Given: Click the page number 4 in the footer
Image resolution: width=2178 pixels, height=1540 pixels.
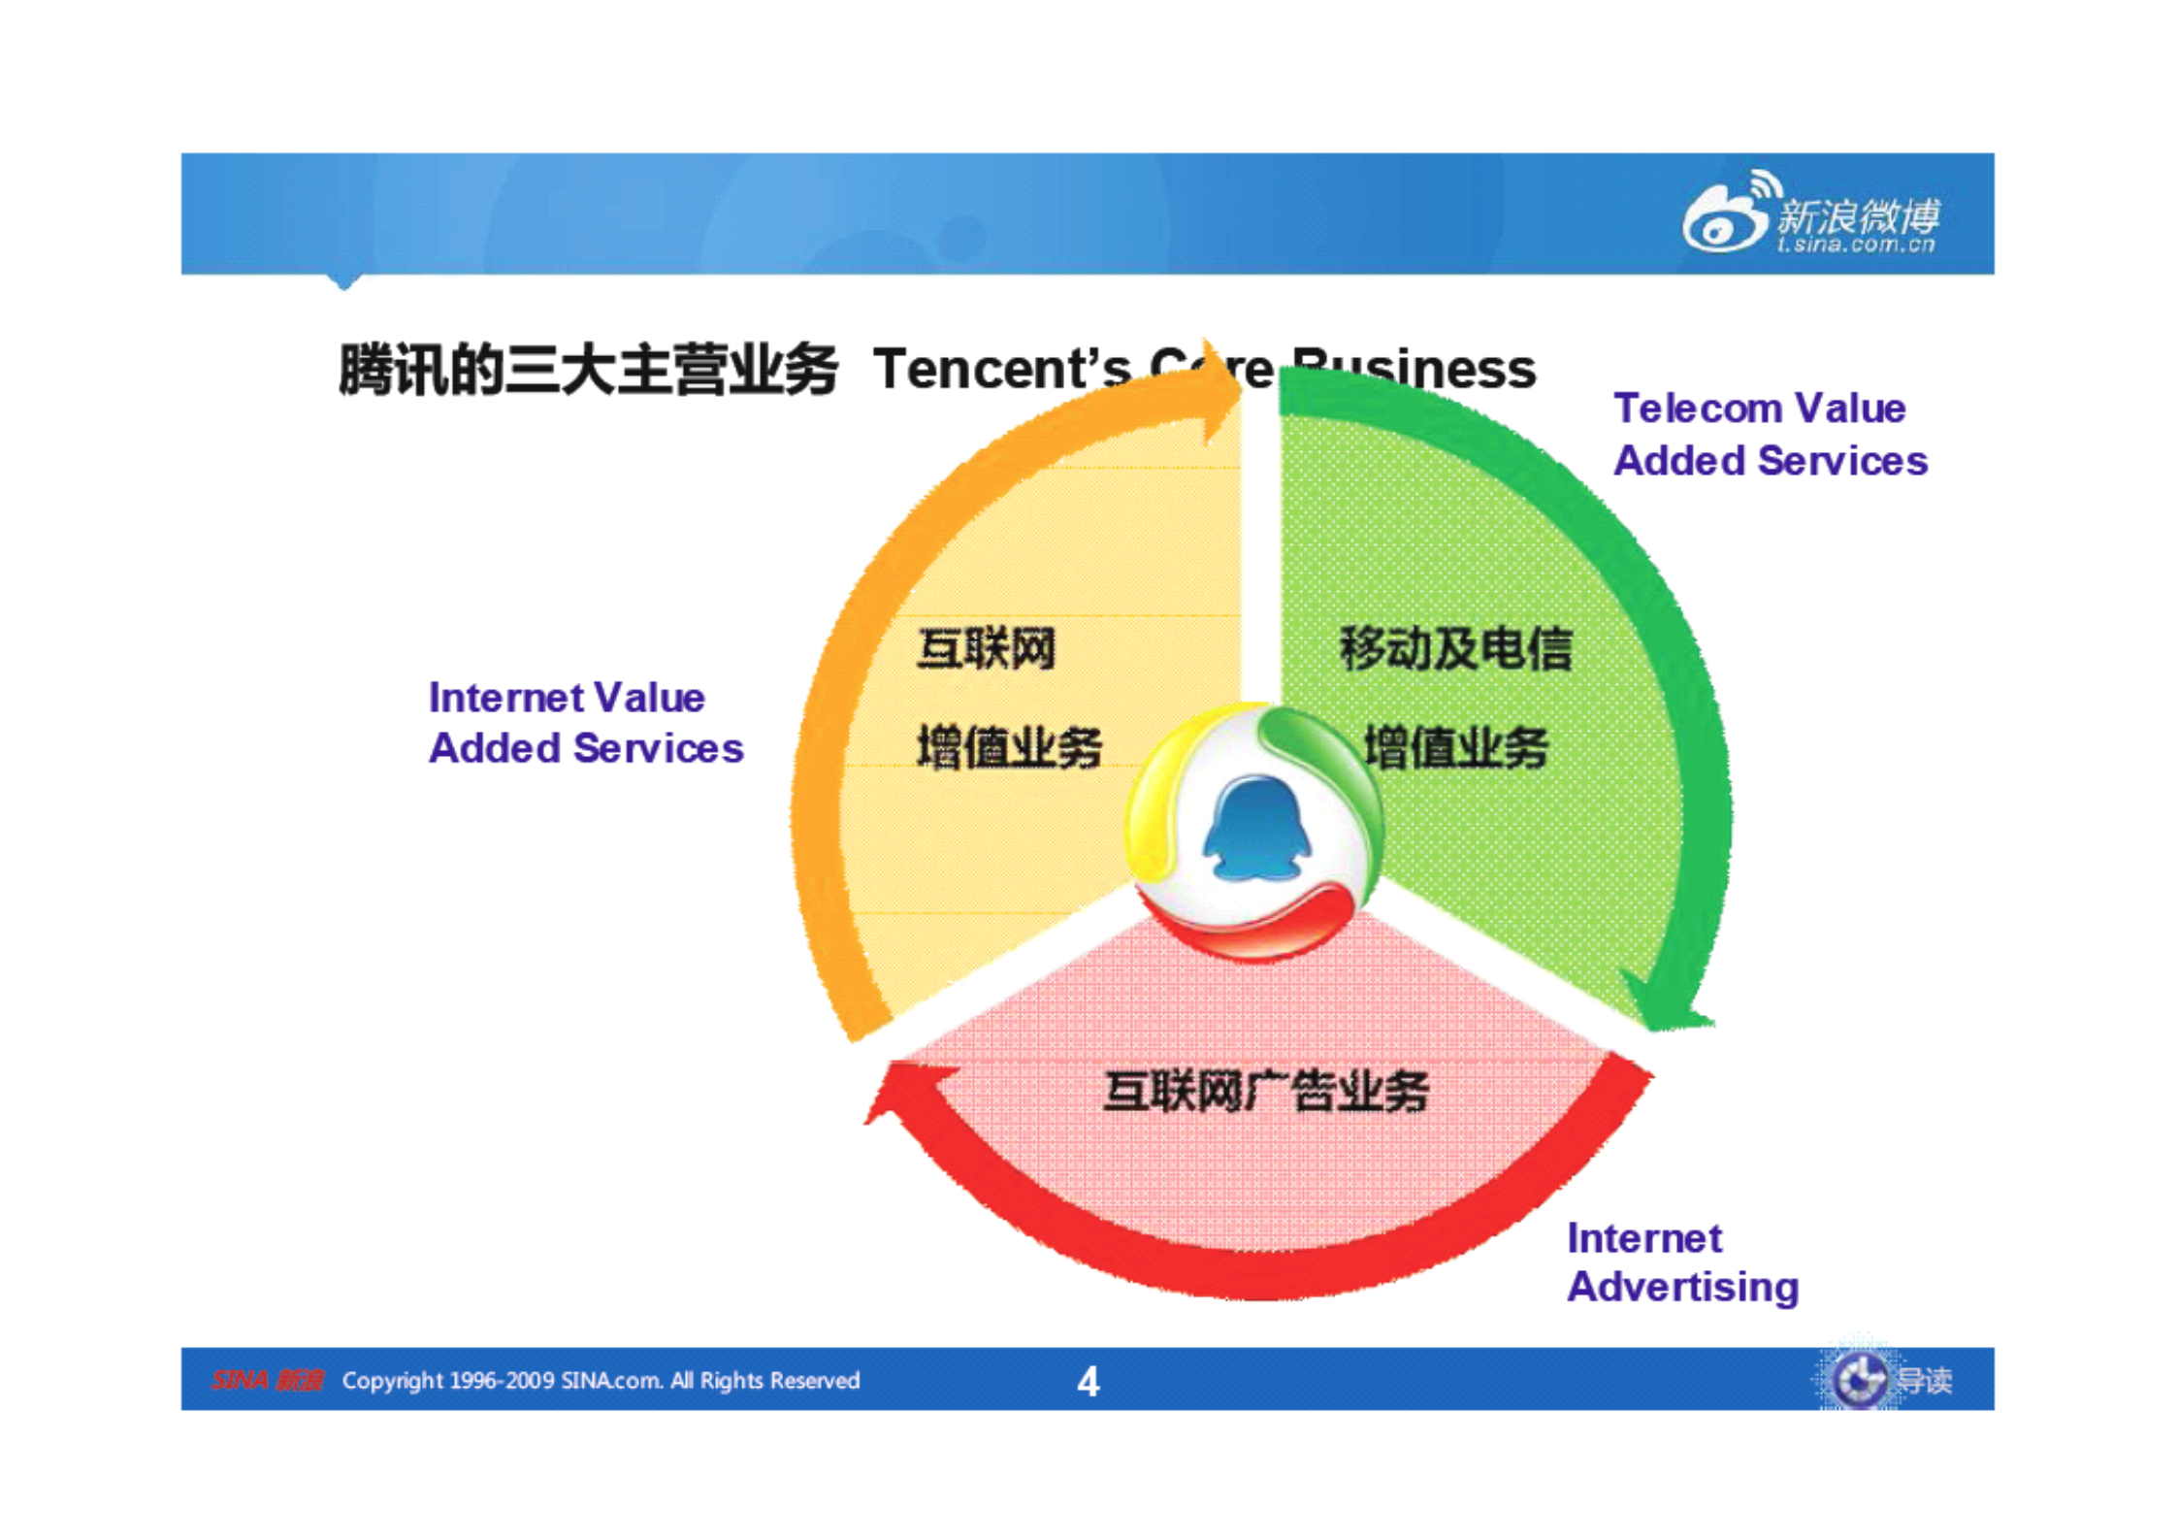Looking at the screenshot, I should point(1088,1381).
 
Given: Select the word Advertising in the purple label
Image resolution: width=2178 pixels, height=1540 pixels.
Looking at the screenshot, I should point(1682,1288).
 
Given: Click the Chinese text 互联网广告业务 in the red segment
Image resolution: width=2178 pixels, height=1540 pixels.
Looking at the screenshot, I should point(1265,1091).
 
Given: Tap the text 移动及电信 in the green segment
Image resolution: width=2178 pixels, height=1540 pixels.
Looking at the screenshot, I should point(1454,648).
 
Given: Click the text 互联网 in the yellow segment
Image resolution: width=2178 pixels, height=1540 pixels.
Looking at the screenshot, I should point(986,648).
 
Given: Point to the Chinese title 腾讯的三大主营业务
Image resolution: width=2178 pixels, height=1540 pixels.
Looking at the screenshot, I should point(587,371).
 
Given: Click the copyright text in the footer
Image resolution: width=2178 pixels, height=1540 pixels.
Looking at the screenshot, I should point(601,1380).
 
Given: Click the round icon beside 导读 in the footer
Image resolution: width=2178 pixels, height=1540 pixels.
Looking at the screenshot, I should point(1857,1379).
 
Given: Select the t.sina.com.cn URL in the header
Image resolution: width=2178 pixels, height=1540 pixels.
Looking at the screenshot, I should point(1855,245).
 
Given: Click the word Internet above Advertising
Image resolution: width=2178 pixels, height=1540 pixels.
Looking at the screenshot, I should point(1643,1238).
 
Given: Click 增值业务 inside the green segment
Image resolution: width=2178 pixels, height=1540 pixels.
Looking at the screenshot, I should point(1455,747).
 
